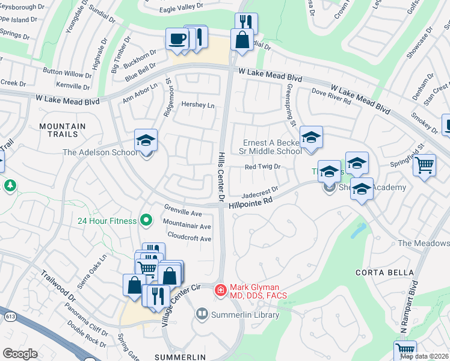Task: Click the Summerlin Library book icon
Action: coord(202,314)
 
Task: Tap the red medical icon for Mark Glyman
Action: coord(221,291)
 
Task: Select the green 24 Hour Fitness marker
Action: coord(145,220)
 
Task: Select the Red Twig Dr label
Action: coord(262,167)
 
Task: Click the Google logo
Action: coord(20,354)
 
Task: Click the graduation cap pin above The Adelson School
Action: coord(146,140)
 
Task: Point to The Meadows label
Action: coord(424,243)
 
